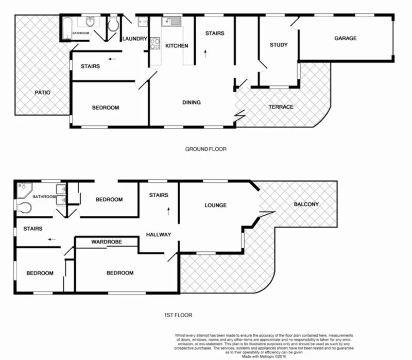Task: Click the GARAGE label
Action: tap(345, 38)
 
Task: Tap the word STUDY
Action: tap(279, 45)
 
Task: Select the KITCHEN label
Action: tap(177, 46)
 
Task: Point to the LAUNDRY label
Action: tap(135, 39)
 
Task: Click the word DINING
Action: tap(191, 102)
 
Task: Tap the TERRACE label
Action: tap(281, 107)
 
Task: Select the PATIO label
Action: tap(42, 93)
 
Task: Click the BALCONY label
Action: tap(306, 204)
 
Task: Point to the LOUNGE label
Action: tap(215, 205)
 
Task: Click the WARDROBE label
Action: tap(106, 242)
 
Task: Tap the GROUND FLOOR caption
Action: tap(206, 149)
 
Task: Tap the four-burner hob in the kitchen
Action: tap(154, 44)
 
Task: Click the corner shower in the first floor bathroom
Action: tap(24, 190)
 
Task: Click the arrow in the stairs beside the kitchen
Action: tap(205, 52)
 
